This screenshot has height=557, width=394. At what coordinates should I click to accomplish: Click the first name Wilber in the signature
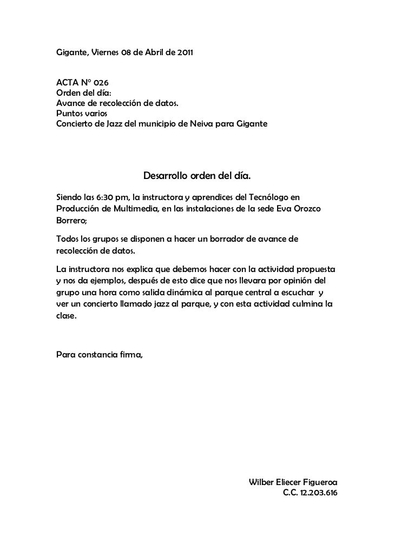point(260,482)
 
